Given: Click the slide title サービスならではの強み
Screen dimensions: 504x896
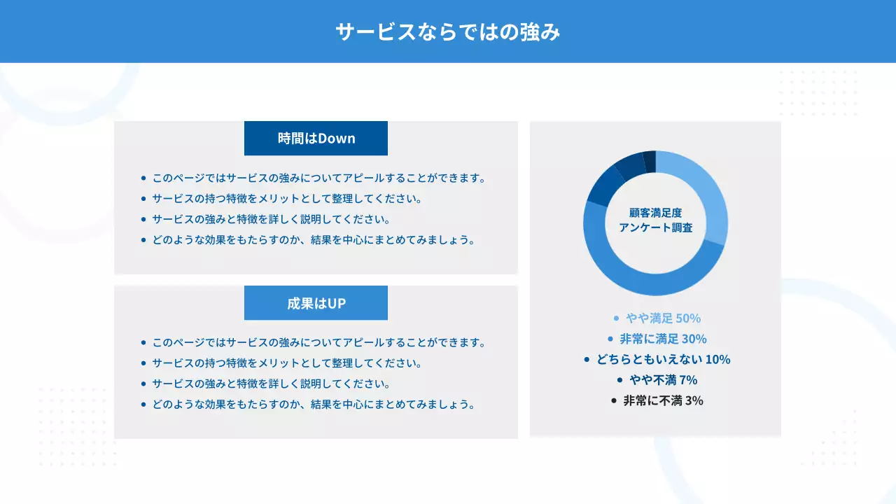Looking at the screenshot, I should tap(448, 32).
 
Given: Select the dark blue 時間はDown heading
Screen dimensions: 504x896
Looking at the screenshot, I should tap(316, 139).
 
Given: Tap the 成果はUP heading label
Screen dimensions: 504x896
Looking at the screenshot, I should tap(316, 303).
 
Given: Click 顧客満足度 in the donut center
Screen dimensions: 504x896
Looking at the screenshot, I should tap(655, 212).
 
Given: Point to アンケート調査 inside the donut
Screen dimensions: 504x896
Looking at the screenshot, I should tap(655, 227).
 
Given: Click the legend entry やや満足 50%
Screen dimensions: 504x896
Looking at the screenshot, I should tap(663, 318).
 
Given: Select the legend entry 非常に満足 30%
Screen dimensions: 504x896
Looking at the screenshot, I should tap(663, 339).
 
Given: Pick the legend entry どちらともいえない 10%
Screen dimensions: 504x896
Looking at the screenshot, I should tap(663, 360).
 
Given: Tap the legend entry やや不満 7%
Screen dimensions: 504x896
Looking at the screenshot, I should tap(663, 380).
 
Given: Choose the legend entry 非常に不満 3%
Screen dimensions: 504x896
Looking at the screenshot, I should tap(663, 401).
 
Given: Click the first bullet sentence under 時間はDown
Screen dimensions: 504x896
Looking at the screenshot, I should tap(318, 178).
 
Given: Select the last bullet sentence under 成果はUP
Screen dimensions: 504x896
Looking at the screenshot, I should tap(314, 405).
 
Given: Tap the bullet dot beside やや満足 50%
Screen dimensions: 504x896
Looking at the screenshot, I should tap(616, 318).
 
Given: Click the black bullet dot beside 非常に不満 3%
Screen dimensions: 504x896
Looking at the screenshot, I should tap(614, 401).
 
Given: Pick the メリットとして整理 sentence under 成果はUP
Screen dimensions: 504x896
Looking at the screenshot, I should tap(287, 363).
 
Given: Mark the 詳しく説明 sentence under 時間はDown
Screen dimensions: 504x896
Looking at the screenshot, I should tap(271, 219).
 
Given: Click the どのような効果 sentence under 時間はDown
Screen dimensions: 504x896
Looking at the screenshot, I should tap(314, 240).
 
